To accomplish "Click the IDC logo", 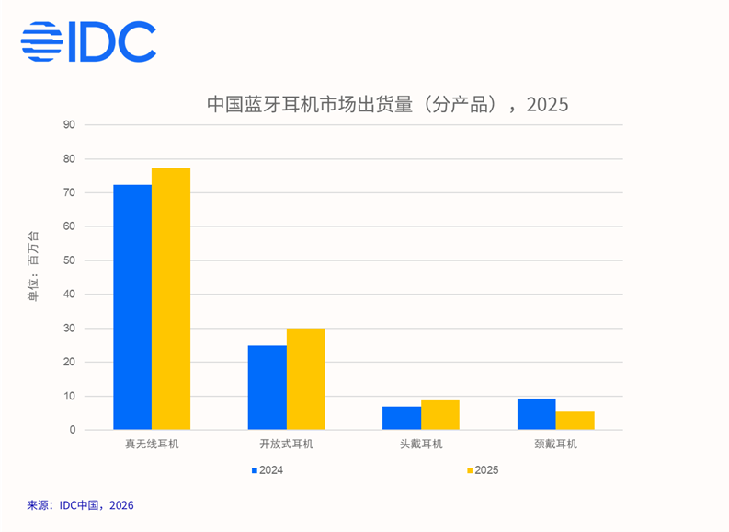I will (88, 41).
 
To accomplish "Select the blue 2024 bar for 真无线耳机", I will (132, 307).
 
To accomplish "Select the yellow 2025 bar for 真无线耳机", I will (171, 299).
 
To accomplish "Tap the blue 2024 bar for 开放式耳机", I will (267, 387).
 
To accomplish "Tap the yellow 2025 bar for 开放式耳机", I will (305, 379).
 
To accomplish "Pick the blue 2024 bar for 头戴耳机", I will (402, 418).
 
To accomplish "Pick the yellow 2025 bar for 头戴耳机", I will (440, 415).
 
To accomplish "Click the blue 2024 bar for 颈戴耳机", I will (537, 414).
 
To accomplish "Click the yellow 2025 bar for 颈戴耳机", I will (575, 421).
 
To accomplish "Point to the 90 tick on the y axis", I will (69, 124).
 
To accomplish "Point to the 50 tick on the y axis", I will (69, 260).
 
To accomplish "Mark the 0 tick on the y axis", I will (72, 430).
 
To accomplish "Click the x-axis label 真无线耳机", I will (152, 445).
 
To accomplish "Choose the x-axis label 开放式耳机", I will (286, 445).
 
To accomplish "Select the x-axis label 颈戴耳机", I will (555, 445).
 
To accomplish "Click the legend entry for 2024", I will (268, 470).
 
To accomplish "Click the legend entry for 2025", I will (482, 470).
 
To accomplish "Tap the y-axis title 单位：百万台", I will (34, 267).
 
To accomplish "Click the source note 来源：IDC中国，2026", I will (81, 505).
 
